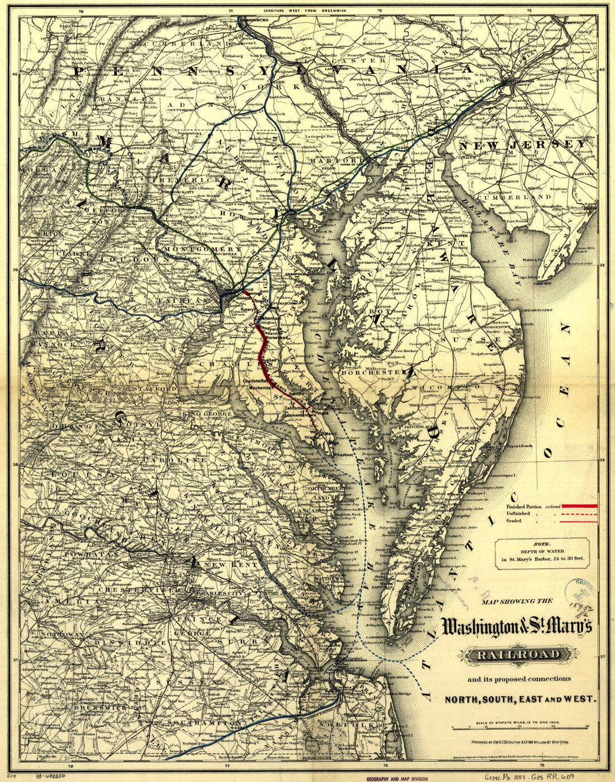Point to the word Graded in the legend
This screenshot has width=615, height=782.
click(514, 521)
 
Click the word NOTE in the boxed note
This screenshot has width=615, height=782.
click(542, 543)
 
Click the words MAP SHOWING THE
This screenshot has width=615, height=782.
click(517, 601)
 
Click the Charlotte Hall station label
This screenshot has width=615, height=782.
click(257, 380)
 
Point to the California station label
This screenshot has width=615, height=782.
click(295, 409)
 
